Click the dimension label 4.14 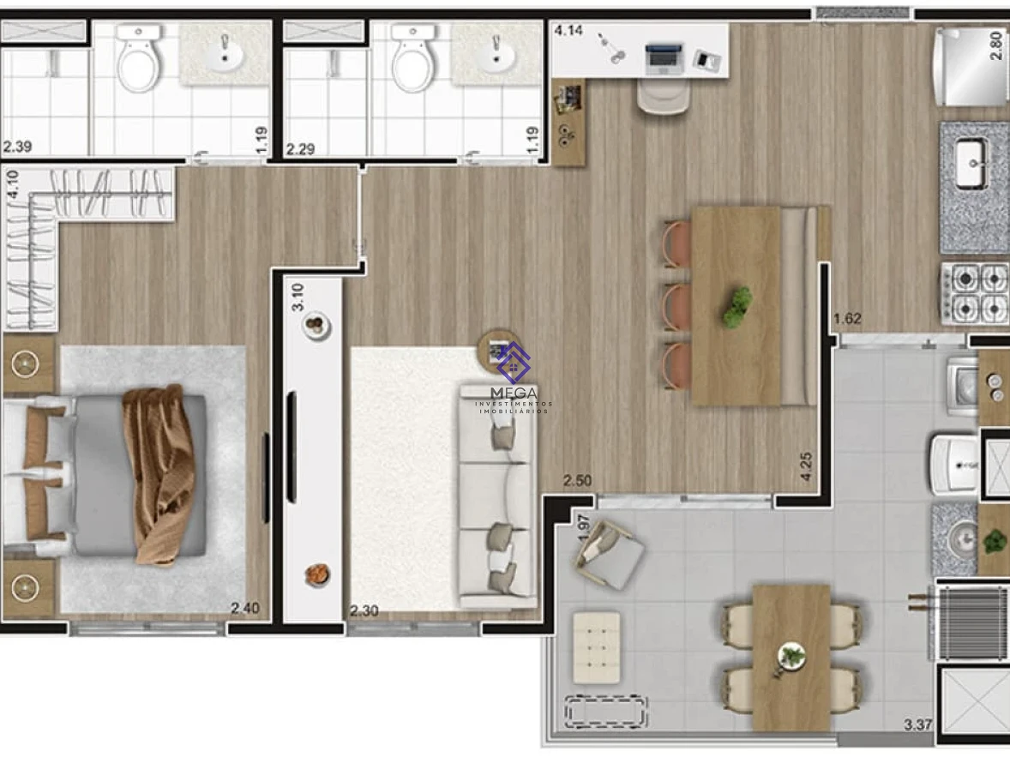point(568,30)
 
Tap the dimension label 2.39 point(17,147)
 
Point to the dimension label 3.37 point(918,724)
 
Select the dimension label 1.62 point(847,318)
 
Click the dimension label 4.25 point(806,466)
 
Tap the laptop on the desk point(664,58)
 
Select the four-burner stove point(975,292)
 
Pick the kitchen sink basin point(970,164)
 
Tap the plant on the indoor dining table point(736,307)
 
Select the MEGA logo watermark point(514,378)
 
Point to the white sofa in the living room point(496,496)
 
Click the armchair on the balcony point(609,555)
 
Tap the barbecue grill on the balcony point(971,622)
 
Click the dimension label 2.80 point(995,45)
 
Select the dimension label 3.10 point(297,297)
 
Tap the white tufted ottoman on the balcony point(597,646)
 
